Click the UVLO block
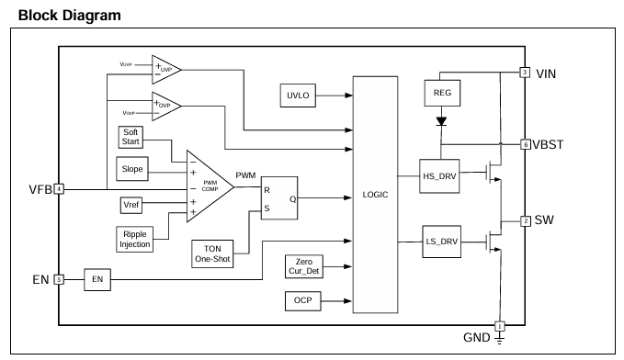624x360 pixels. point(298,96)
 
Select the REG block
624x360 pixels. point(442,93)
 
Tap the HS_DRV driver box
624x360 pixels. point(439,176)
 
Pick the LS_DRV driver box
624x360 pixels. point(441,242)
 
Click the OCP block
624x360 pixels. point(303,300)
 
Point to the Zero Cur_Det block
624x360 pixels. point(304,266)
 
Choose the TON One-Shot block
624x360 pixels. point(212,253)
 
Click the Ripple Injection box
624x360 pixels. point(135,239)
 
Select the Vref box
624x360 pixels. point(130,205)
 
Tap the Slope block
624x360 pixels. point(132,169)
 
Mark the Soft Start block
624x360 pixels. point(130,137)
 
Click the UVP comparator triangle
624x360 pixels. point(166,70)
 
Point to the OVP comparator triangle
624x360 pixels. point(166,107)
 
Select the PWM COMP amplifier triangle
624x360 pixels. point(210,186)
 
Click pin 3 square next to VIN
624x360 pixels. point(525,73)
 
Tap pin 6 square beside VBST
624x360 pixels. point(526,144)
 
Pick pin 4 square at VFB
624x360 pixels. point(59,189)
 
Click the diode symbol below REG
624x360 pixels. point(441,121)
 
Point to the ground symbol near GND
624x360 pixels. point(499,339)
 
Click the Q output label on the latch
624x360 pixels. point(292,199)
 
